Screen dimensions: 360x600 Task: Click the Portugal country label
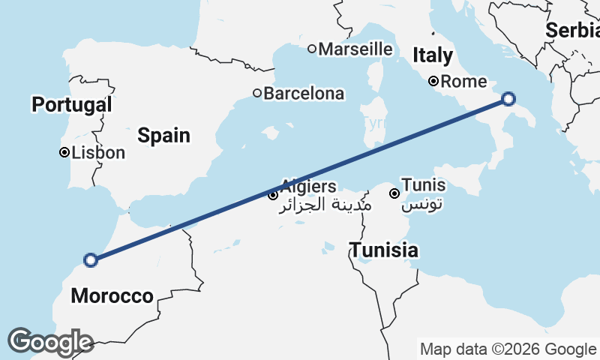(x=71, y=104)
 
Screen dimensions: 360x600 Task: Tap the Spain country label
(x=163, y=136)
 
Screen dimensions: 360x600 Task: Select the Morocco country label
(x=112, y=296)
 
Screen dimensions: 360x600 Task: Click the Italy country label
(x=433, y=55)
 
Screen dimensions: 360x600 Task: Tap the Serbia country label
(x=573, y=31)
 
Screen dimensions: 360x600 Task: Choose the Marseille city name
(x=355, y=49)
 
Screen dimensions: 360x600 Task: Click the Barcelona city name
(x=304, y=94)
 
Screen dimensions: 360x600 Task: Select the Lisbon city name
(x=98, y=153)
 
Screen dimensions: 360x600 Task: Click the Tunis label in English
(x=423, y=184)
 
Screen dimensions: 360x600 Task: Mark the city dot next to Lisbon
(x=64, y=153)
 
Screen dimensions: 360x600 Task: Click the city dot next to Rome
(x=433, y=81)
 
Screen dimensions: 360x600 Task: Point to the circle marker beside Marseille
(x=312, y=49)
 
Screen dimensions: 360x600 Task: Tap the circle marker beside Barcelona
(x=256, y=94)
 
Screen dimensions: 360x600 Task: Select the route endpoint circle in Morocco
(x=91, y=260)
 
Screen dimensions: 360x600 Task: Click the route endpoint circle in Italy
(x=508, y=98)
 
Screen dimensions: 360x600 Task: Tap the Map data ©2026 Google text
(x=508, y=349)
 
